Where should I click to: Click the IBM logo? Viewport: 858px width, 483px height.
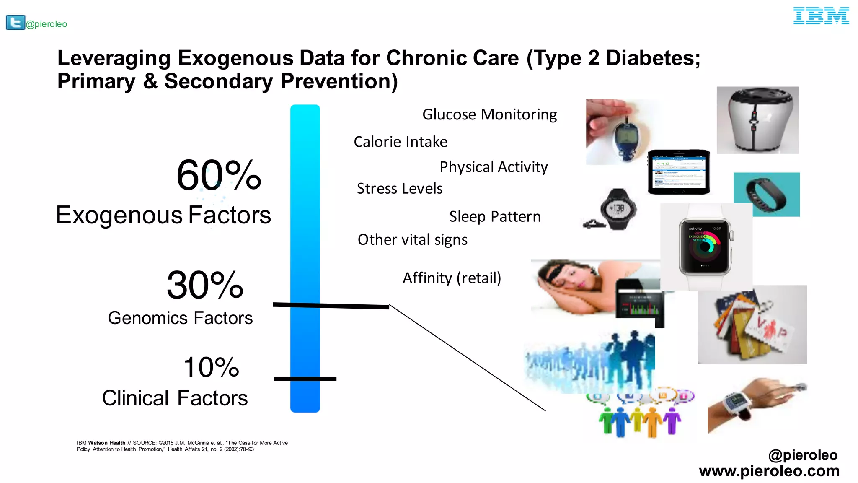(x=821, y=16)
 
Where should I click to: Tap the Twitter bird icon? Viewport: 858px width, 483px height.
(x=16, y=22)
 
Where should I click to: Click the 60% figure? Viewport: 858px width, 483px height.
(x=219, y=175)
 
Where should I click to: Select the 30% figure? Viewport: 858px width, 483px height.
(x=205, y=285)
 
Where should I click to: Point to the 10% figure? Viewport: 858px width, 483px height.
(x=211, y=367)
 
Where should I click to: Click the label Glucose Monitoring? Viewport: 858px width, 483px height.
(x=489, y=114)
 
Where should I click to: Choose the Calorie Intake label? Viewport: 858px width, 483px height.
(x=400, y=142)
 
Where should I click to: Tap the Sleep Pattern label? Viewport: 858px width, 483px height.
(x=495, y=217)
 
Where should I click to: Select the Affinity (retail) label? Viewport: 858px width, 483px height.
(x=452, y=278)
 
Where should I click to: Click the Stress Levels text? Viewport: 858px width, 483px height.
(x=399, y=189)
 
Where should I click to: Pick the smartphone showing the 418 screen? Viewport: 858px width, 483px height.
(x=679, y=172)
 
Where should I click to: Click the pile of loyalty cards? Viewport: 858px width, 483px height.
(x=750, y=327)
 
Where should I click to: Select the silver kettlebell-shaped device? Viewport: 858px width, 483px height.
(x=757, y=120)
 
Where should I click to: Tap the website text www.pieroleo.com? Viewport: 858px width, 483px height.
(x=769, y=471)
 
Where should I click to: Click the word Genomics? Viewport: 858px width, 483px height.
(x=147, y=318)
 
